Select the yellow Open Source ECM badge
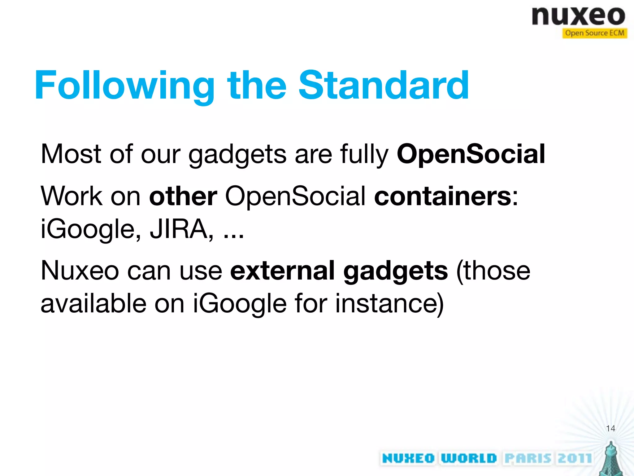(x=594, y=33)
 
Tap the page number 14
(x=610, y=429)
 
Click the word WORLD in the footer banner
(x=468, y=458)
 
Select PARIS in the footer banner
(x=528, y=458)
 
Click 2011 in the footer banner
(x=575, y=458)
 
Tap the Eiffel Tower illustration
(x=610, y=459)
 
